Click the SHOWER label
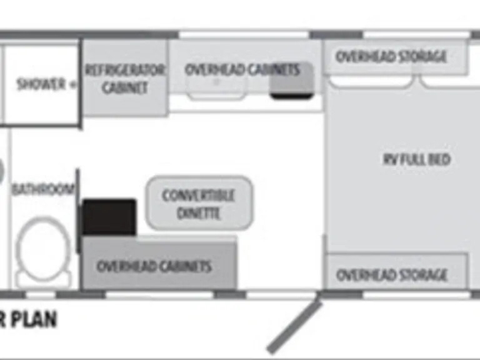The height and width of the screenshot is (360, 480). [42, 84]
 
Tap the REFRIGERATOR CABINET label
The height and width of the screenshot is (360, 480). [125, 78]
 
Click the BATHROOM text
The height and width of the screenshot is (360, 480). [42, 189]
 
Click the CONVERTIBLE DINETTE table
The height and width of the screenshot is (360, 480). [199, 204]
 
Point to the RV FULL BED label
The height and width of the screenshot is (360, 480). [417, 159]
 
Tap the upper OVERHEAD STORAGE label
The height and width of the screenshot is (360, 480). [391, 57]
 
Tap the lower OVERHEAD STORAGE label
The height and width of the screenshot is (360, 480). [392, 274]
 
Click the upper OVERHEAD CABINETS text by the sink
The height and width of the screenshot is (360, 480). [242, 69]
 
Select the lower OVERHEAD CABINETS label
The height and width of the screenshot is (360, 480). [154, 266]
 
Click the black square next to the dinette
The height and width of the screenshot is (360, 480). [109, 217]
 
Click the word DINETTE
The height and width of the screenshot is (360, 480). [199, 212]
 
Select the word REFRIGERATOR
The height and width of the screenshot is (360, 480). [125, 69]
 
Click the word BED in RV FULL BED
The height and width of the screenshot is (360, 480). [439, 159]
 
